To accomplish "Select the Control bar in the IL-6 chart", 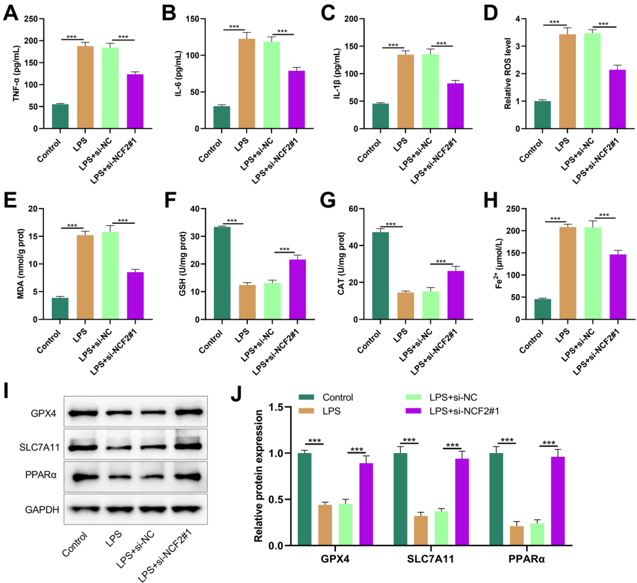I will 222,118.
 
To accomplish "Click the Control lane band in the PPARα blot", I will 87,477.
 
